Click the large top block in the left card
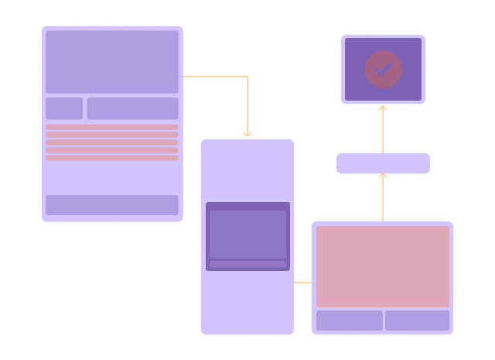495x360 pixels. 112,62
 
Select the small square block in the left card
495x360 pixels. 64,108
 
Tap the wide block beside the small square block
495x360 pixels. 132,108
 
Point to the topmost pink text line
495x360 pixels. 112,127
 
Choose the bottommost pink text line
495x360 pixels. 112,158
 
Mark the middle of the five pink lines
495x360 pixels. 112,142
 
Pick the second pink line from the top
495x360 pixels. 112,135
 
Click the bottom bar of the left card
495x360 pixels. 112,205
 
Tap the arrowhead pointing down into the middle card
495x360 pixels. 247,135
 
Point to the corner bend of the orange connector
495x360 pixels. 247,77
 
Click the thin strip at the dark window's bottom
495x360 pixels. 247,264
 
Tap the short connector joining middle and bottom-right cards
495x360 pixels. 302,283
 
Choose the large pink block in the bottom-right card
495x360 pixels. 383,266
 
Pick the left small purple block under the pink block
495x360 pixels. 350,321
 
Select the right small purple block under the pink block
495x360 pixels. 417,321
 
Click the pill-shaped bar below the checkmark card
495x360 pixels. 383,163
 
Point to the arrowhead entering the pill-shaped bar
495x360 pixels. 383,177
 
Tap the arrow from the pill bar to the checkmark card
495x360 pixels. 383,129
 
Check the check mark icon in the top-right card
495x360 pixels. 383,69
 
